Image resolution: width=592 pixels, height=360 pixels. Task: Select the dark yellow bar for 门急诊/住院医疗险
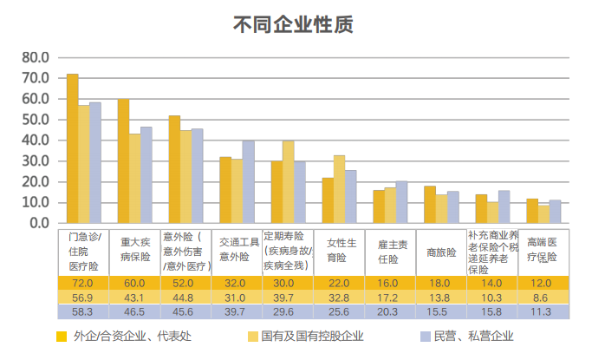(x=73, y=148)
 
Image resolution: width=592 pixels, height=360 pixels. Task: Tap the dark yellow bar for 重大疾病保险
(x=124, y=160)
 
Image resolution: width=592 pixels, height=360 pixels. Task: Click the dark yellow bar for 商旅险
(x=430, y=205)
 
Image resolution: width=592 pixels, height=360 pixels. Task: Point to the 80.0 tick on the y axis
(x=37, y=57)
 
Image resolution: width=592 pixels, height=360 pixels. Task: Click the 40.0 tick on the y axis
(x=37, y=141)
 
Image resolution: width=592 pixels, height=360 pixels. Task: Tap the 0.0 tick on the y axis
(x=40, y=223)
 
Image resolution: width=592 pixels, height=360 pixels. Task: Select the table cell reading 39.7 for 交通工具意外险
(x=237, y=311)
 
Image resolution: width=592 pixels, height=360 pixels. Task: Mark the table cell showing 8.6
(x=542, y=297)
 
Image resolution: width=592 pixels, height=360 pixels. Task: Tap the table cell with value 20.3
(x=389, y=311)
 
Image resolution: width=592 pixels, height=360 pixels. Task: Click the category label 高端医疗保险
(x=542, y=252)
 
